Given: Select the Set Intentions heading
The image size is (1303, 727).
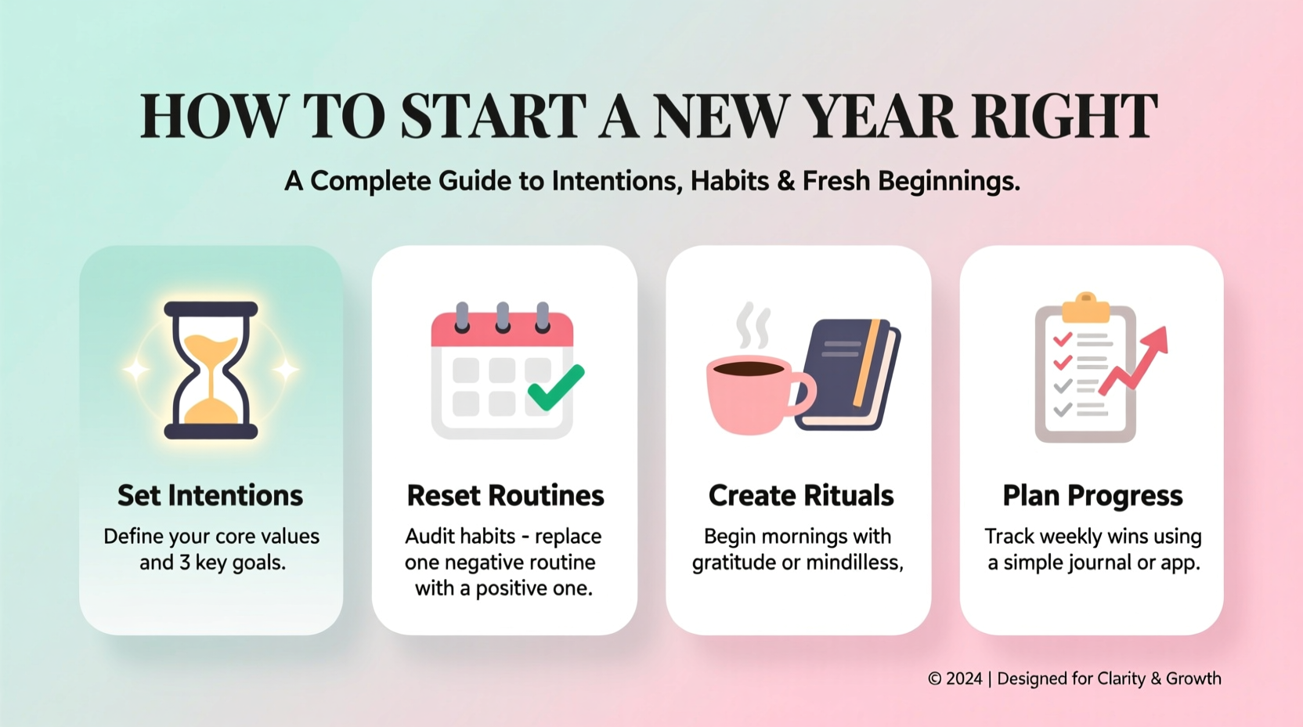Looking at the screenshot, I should (210, 495).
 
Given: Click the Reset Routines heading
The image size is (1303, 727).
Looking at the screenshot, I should (505, 495).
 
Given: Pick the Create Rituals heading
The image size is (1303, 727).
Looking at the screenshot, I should (800, 495).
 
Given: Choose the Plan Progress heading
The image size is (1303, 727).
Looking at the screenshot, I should (1092, 495).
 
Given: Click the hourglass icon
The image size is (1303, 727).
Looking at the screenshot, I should (211, 370).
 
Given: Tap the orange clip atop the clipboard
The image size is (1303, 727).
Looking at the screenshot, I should (1085, 308).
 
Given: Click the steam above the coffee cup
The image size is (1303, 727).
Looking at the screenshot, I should (753, 325).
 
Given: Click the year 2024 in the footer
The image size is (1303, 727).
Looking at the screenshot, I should (963, 678).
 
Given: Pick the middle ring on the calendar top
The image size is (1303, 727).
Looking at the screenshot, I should (503, 316).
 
